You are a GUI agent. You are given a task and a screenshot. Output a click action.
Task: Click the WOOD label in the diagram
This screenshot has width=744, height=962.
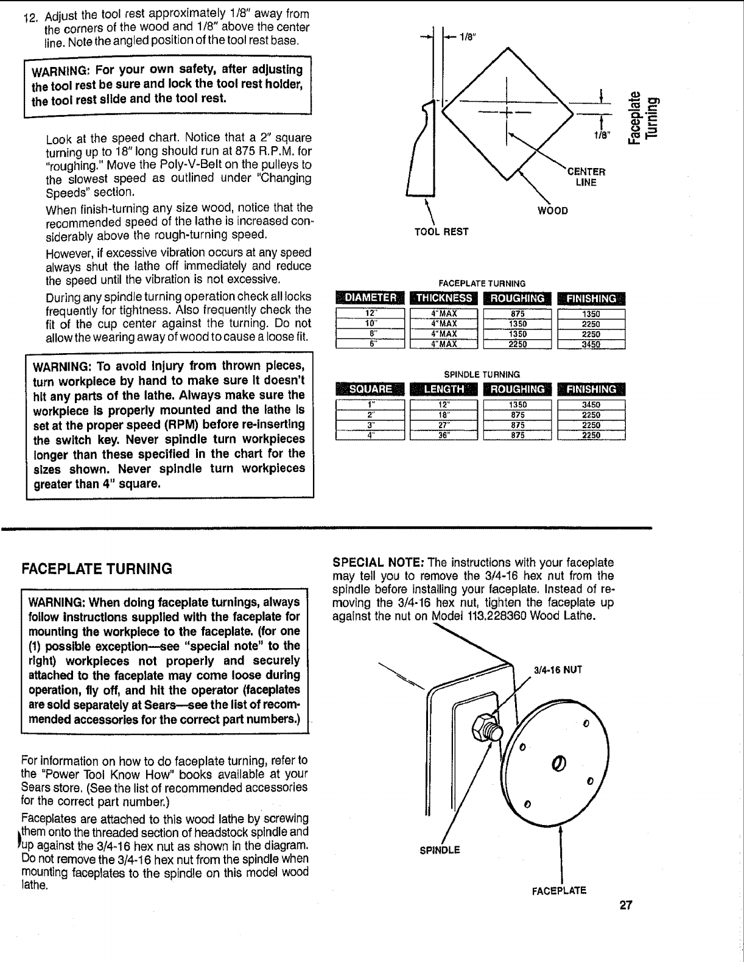[x=553, y=211]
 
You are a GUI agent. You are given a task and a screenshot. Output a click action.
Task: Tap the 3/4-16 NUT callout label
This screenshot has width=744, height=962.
[x=558, y=670]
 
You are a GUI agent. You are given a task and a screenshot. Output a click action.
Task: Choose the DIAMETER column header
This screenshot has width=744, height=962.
[x=371, y=298]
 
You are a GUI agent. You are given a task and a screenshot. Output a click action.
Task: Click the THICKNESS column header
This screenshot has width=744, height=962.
[x=443, y=298]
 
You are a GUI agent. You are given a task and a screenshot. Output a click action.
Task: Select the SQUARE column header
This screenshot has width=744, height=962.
[x=371, y=389]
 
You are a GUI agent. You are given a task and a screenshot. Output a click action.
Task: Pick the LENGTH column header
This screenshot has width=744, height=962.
[x=443, y=389]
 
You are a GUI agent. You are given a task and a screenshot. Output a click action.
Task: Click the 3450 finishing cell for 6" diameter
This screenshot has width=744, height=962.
[x=592, y=344]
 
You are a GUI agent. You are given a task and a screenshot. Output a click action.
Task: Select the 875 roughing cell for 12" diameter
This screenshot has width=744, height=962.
[x=518, y=314]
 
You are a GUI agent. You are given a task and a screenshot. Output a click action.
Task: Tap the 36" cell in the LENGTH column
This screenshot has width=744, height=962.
[x=444, y=435]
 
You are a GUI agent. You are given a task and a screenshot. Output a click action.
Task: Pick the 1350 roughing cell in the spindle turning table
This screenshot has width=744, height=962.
[x=518, y=404]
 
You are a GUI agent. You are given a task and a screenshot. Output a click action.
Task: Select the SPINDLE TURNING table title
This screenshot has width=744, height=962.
[x=482, y=374]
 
